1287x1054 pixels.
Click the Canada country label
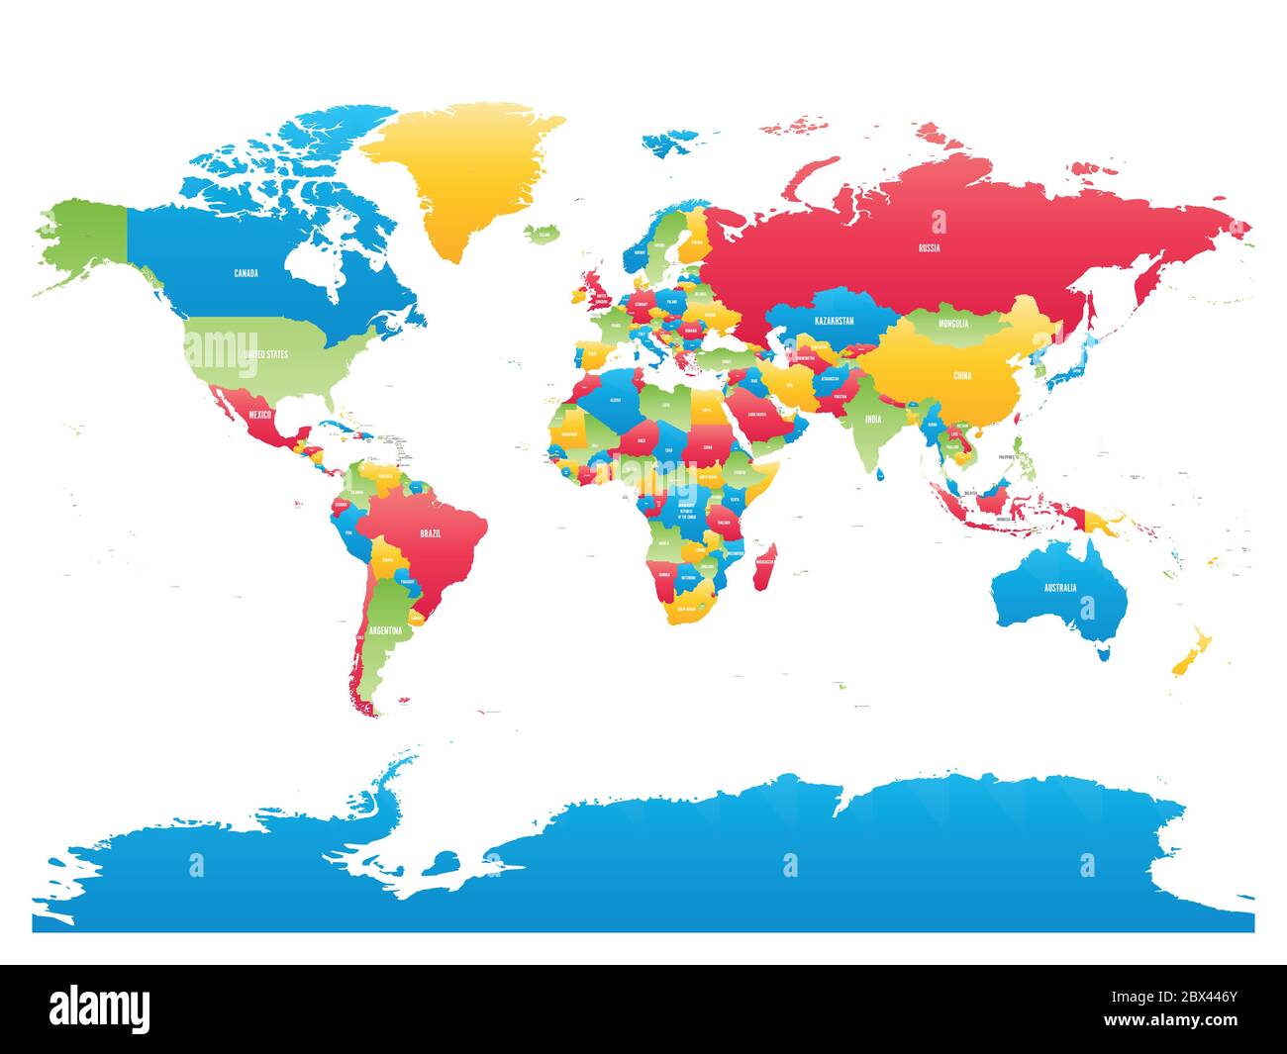pyautogui.click(x=246, y=273)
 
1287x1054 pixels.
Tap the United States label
pyautogui.click(x=264, y=353)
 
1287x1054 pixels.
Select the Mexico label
pyautogui.click(x=260, y=414)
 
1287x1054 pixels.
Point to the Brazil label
pyautogui.click(x=430, y=533)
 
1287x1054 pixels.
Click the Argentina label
pyautogui.click(x=385, y=630)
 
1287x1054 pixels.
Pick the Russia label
pyautogui.click(x=929, y=248)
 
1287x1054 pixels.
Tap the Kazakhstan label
pyautogui.click(x=834, y=322)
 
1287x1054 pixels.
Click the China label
pyautogui.click(x=961, y=376)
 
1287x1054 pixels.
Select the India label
pyautogui.click(x=872, y=419)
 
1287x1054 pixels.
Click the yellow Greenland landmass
pyautogui.click(x=455, y=178)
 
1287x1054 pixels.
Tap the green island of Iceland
pyautogui.click(x=540, y=234)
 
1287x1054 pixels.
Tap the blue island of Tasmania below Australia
pyautogui.click(x=1102, y=652)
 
